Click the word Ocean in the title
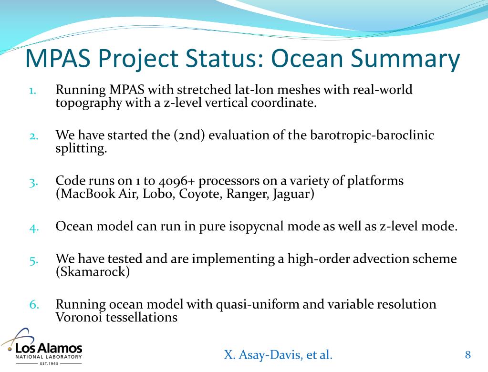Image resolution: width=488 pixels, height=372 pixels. [x=307, y=59]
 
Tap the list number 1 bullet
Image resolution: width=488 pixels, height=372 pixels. [x=33, y=91]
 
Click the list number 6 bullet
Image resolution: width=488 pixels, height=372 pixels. [x=34, y=304]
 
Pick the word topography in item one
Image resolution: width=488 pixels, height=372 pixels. [x=89, y=103]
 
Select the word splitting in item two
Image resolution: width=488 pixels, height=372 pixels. [x=81, y=149]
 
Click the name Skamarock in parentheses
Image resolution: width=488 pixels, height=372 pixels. [x=93, y=272]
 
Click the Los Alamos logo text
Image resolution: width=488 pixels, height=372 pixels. [x=49, y=348]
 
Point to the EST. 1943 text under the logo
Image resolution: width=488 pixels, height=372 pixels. [x=49, y=363]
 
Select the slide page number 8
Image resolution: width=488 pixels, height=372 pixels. [x=468, y=354]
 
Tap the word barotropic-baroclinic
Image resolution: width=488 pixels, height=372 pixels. [x=372, y=135]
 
